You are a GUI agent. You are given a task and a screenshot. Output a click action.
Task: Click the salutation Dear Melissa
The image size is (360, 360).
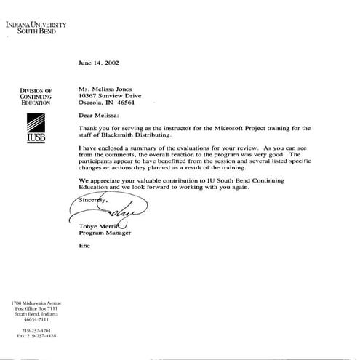pos(102,114)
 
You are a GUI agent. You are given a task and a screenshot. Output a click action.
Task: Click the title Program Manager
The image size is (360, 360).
pos(104,234)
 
